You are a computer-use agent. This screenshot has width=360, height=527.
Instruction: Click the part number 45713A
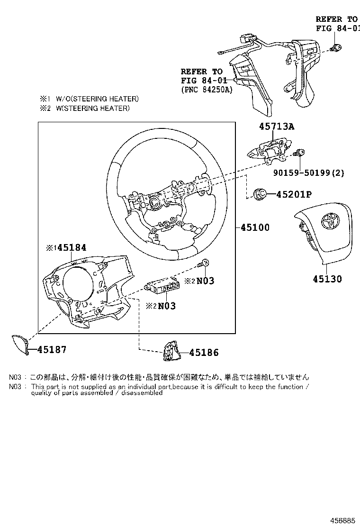276,127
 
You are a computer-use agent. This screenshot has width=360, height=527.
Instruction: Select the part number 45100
255,227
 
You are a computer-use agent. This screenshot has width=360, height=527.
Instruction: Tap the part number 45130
327,279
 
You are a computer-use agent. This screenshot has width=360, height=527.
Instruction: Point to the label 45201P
294,194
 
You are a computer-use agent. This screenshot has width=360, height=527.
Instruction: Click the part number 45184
72,247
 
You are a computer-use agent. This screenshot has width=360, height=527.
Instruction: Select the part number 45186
204,353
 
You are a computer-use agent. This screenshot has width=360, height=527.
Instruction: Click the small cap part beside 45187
19,344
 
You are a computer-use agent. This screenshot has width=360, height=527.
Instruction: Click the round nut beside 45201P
260,194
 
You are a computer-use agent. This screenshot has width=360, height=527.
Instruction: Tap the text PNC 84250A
207,89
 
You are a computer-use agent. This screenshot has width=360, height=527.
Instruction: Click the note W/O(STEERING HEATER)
90,99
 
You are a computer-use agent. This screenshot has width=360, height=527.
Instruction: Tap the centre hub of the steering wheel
155,202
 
